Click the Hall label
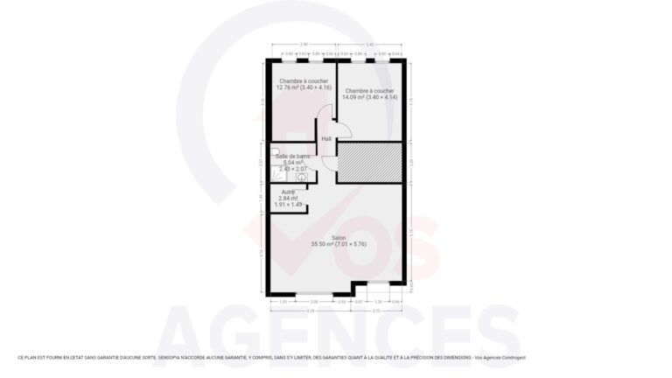coord(326,139)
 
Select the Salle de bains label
coord(292,156)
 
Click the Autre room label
coord(288,192)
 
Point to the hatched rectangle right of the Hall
coord(369,162)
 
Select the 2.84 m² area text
coord(288,199)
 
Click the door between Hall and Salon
coord(328,163)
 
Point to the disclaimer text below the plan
coord(271,357)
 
